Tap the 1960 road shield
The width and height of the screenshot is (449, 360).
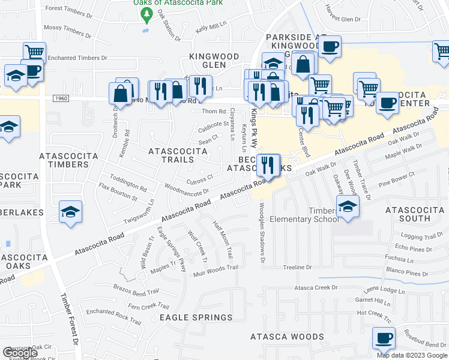[60, 98]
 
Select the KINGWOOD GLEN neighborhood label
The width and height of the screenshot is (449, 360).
[214, 56]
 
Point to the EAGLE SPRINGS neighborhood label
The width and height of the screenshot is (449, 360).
[196, 317]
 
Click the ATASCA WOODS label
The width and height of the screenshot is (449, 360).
[287, 337]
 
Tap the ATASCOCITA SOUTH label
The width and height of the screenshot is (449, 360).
[416, 214]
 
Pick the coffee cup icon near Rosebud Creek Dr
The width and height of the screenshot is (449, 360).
[383, 337]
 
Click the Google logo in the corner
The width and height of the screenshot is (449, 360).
[20, 353]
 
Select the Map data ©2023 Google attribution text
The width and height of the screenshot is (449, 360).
[412, 355]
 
